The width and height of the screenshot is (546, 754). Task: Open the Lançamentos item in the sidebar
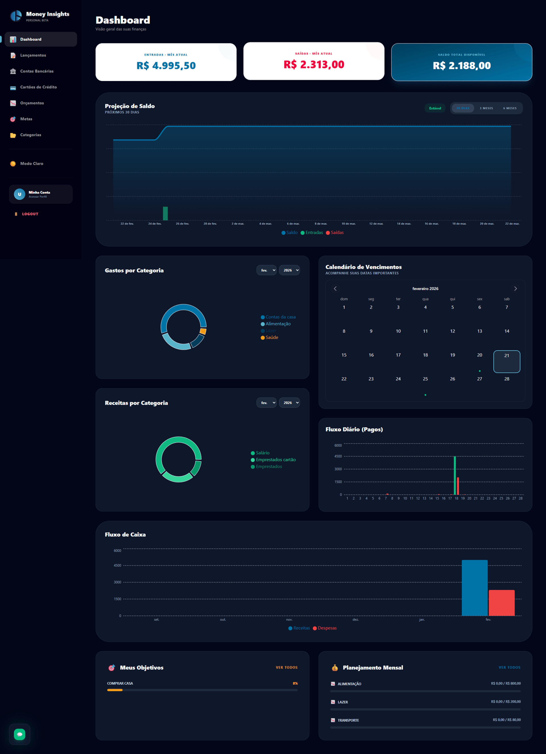coord(33,55)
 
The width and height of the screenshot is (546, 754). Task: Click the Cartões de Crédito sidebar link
coord(38,87)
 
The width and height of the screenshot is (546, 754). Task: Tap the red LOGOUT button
coord(30,214)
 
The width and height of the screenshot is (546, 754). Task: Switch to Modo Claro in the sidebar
coord(32,164)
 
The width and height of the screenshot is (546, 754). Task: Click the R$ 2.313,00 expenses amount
coord(314,65)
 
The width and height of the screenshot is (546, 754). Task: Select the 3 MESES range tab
coord(486,108)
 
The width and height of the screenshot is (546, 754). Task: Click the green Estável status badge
coord(435,108)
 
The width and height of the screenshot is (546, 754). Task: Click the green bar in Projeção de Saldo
coord(165,213)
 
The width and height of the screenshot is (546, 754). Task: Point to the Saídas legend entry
coord(337,233)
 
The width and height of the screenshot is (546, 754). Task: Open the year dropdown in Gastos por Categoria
coord(289,270)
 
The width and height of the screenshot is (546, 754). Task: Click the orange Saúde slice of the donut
coord(203,331)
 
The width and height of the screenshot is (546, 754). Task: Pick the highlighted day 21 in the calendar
coord(506,362)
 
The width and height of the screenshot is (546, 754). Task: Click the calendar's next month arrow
coord(515,288)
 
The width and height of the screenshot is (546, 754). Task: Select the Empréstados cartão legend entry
coord(276,460)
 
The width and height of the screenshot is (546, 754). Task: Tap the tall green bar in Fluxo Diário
coord(454,475)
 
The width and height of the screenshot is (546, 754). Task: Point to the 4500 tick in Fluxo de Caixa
coord(117,566)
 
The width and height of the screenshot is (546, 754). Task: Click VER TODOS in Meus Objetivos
coord(286,668)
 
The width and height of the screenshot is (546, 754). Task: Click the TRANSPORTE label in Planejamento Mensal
coord(348,720)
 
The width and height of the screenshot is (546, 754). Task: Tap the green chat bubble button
coord(20,734)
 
